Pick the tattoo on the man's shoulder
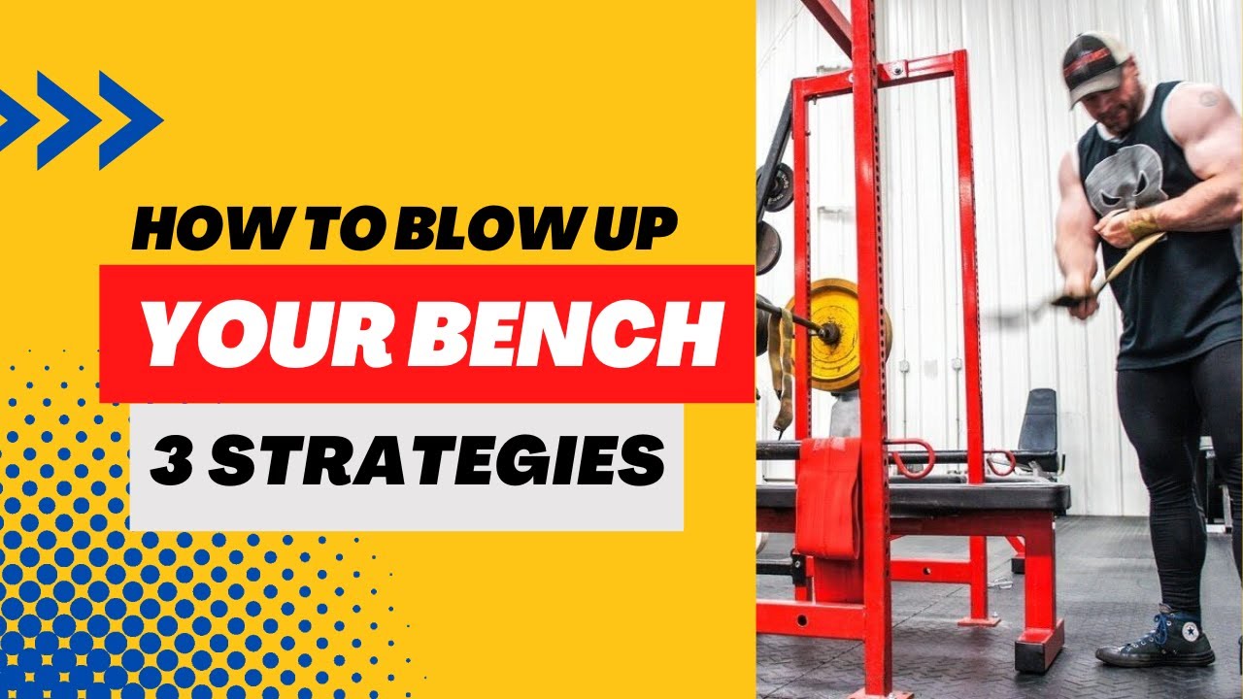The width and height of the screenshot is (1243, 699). click(1208, 97)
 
